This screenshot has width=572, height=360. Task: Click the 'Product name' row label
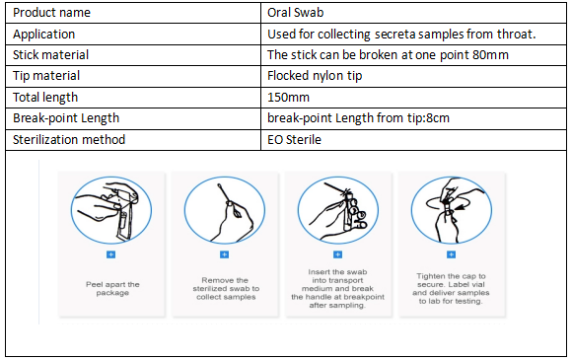51,13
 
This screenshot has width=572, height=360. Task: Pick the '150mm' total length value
288,98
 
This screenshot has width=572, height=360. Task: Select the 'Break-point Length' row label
66,118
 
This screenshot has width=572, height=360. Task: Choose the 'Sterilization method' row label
69,140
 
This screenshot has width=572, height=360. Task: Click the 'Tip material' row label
46,76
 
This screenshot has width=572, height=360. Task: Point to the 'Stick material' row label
50,55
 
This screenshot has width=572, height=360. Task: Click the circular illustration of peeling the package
111,210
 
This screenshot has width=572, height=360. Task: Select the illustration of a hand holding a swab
225,210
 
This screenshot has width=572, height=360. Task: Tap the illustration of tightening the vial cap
452,210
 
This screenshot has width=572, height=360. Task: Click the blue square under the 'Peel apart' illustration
110,254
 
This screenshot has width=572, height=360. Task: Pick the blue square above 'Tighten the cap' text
452,254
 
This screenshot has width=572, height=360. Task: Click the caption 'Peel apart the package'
112,289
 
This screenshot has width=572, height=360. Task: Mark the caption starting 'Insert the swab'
338,289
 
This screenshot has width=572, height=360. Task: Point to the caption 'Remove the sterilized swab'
226,289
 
